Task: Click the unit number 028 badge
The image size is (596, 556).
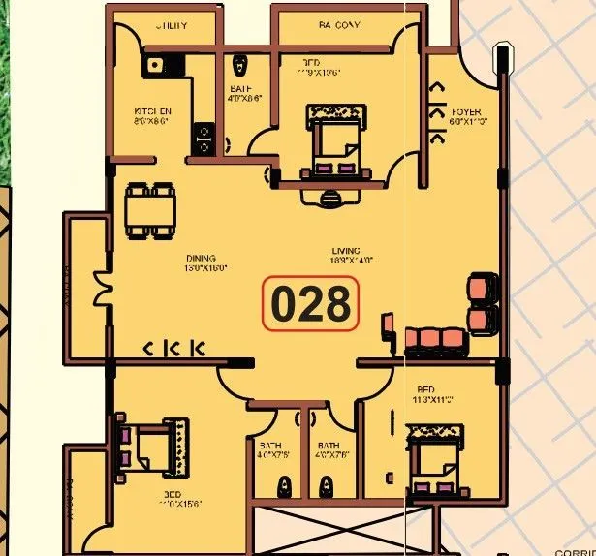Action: pos(310,304)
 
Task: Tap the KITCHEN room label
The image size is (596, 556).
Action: pos(153,112)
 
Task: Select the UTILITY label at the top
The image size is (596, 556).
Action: pos(172,26)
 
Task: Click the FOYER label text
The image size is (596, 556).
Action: pos(466,113)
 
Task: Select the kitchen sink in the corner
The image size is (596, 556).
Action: pos(155,66)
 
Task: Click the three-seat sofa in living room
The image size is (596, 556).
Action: pos(434,338)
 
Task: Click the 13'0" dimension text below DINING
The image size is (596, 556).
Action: pos(205,268)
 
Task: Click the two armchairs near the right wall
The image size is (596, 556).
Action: pos(479,303)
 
